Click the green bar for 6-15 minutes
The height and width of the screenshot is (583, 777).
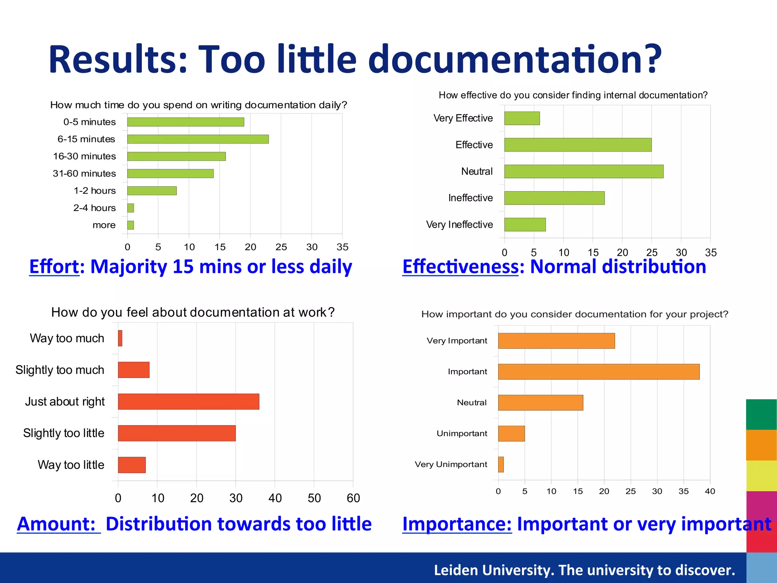[198, 139]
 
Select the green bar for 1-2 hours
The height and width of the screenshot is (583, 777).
[152, 191]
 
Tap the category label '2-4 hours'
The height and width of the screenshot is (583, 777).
[94, 208]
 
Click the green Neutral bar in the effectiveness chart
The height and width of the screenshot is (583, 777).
[584, 171]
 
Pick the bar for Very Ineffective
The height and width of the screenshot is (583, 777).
[525, 224]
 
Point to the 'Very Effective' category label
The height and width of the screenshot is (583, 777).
[463, 118]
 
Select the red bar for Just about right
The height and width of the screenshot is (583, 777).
[188, 402]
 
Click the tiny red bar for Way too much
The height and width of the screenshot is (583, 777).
[120, 338]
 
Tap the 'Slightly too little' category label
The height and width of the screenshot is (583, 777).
[63, 433]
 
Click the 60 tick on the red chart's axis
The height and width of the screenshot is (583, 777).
[353, 498]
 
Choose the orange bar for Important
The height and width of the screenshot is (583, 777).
[598, 372]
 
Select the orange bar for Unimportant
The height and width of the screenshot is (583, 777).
[511, 433]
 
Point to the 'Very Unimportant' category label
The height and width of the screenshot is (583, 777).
[451, 464]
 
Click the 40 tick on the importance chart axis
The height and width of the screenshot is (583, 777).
[709, 491]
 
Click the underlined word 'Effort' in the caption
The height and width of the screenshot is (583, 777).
[54, 266]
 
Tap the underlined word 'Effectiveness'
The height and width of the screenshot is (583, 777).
[460, 266]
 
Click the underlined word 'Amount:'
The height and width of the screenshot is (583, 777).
[57, 524]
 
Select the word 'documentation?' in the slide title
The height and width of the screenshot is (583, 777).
[514, 60]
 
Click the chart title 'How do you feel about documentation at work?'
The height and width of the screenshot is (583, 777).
[193, 312]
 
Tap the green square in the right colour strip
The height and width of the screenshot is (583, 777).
[761, 414]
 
